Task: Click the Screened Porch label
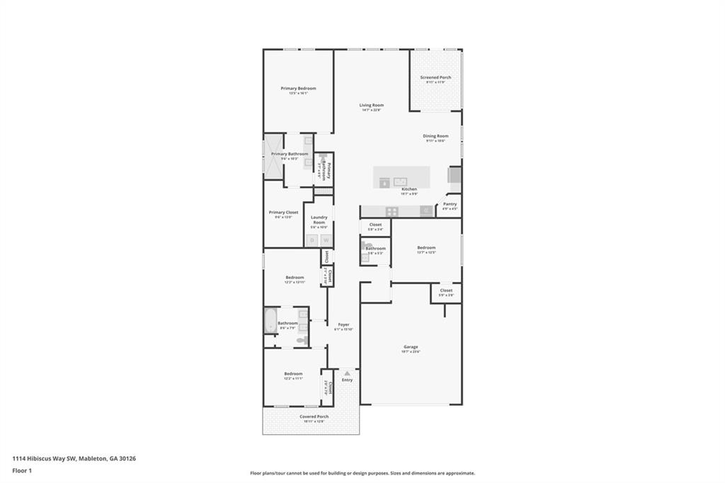435,77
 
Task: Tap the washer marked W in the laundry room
326,241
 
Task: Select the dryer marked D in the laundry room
312,241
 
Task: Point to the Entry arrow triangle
347,373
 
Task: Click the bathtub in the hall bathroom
270,321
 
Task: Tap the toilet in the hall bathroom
301,341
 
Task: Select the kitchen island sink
400,181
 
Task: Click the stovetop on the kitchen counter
392,211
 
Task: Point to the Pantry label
450,204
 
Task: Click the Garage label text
411,347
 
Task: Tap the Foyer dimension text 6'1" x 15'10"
343,329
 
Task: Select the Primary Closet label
283,212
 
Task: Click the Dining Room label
435,136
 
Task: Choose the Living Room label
371,105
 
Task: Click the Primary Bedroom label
298,89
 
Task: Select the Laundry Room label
319,220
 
